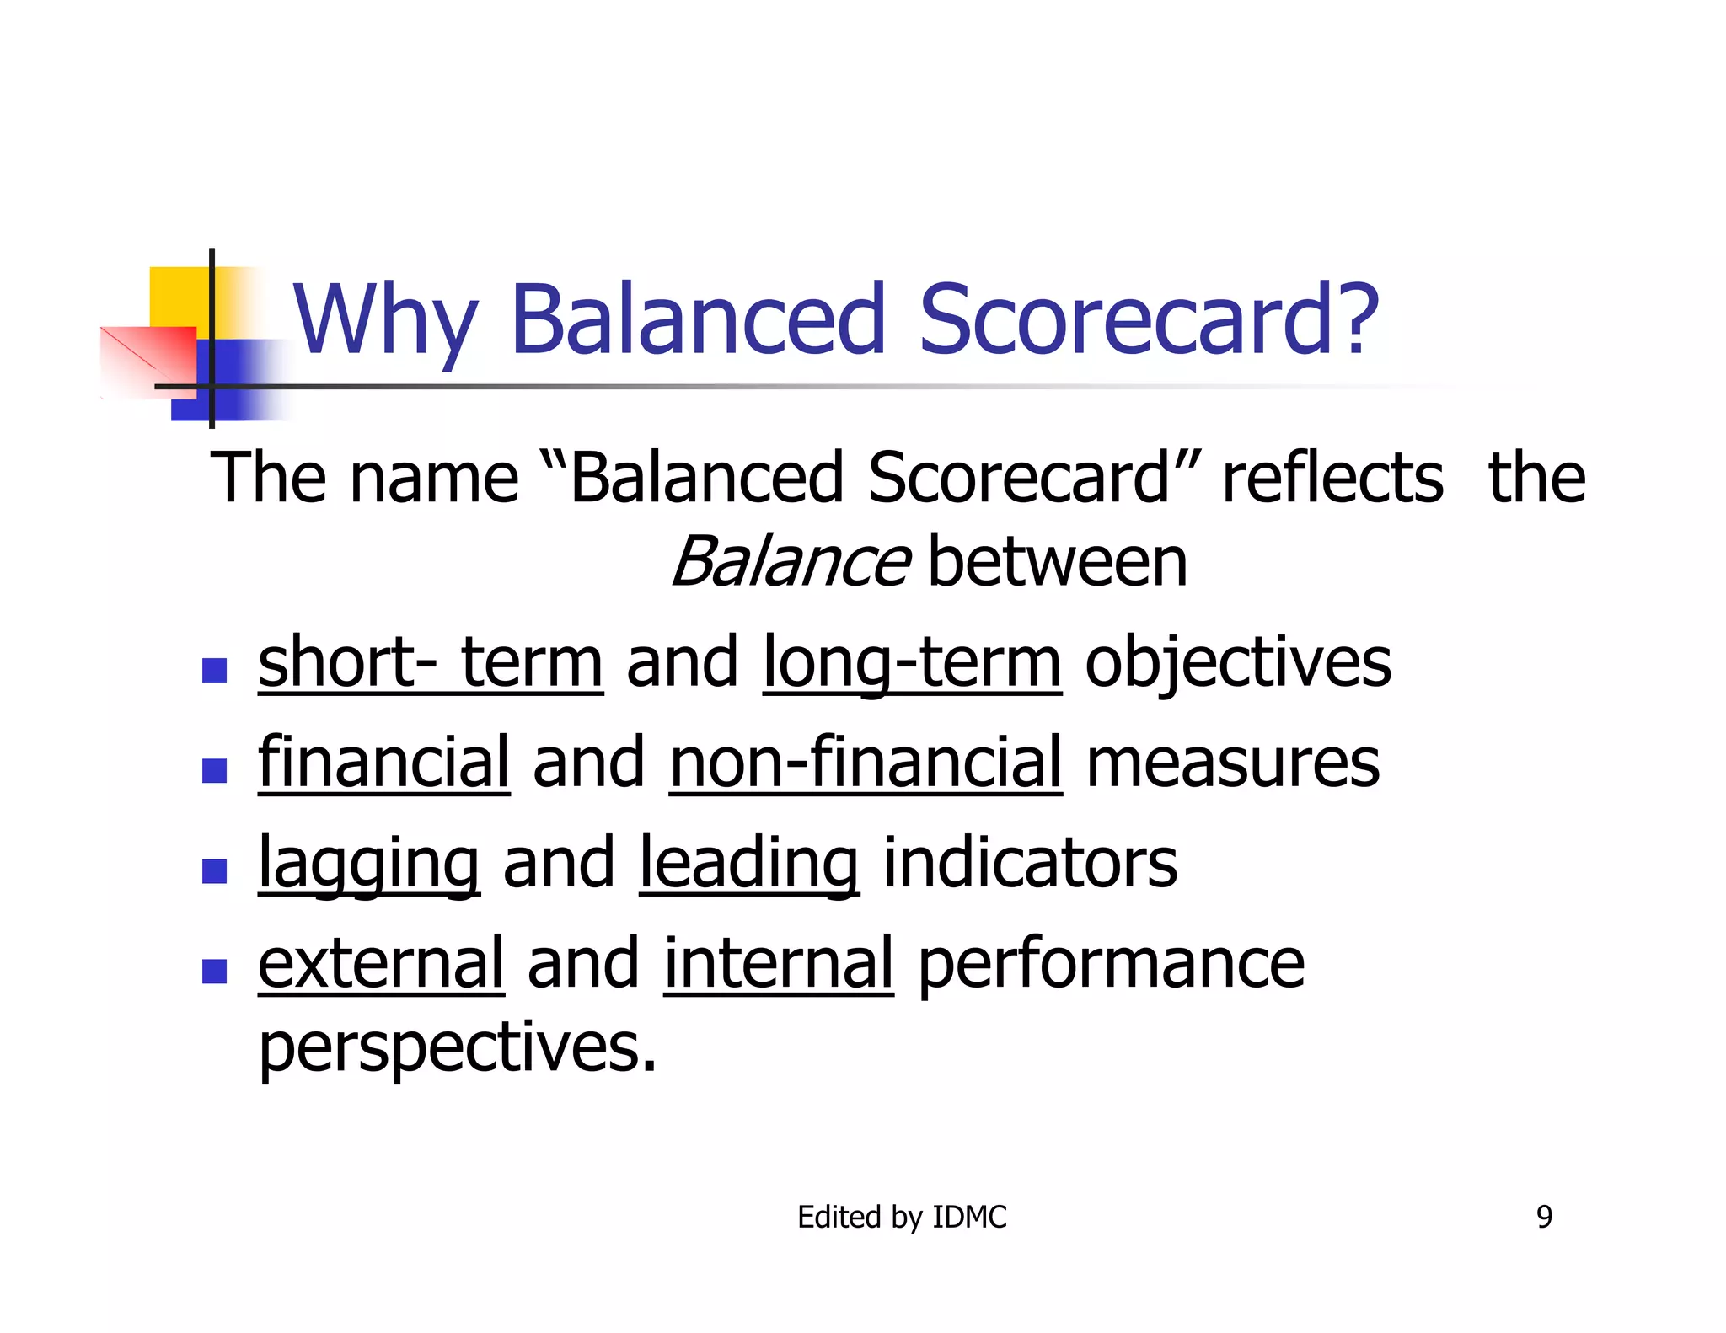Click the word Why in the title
click(x=386, y=321)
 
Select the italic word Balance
click(x=790, y=562)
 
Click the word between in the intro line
click(x=1058, y=562)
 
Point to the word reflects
click(x=1332, y=478)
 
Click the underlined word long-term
click(x=912, y=663)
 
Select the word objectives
click(x=1237, y=663)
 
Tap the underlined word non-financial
click(x=866, y=763)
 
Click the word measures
click(x=1233, y=763)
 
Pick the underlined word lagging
click(x=369, y=864)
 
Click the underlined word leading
click(x=749, y=864)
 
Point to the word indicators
click(x=1030, y=864)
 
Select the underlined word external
click(x=381, y=963)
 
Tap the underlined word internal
click(x=778, y=963)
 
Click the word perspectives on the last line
click(x=457, y=1047)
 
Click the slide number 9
click(x=1544, y=1217)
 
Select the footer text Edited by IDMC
click(x=902, y=1217)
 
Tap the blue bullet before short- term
click(x=215, y=670)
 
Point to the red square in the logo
click(x=152, y=358)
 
